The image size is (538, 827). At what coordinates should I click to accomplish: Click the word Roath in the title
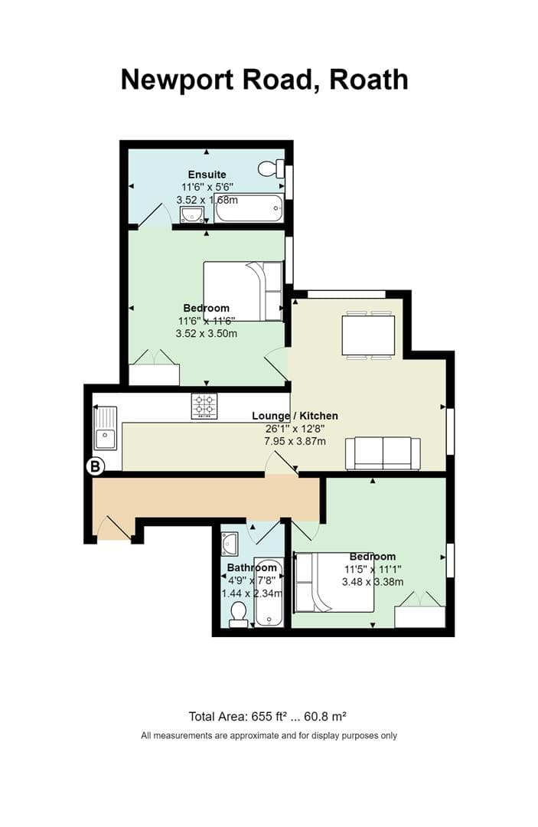click(368, 80)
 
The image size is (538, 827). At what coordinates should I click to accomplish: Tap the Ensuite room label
click(207, 175)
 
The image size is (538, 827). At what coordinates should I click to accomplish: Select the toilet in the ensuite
click(271, 168)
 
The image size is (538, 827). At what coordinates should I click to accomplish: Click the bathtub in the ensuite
click(249, 208)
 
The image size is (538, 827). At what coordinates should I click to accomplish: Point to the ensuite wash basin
click(192, 214)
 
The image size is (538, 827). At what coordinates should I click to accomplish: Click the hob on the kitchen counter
click(204, 406)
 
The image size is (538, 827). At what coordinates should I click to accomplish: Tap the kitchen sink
click(106, 428)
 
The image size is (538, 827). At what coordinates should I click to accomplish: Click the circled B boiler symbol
click(96, 466)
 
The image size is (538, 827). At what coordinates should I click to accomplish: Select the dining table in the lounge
click(368, 335)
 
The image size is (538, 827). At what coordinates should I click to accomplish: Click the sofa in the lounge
click(383, 453)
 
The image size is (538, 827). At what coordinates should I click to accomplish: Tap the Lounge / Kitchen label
click(295, 416)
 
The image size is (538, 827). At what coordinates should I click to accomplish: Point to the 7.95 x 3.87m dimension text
click(295, 441)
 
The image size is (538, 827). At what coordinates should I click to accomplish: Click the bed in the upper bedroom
click(243, 291)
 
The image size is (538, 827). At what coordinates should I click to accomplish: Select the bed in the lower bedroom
click(334, 582)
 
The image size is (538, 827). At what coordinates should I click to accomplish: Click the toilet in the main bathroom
click(239, 616)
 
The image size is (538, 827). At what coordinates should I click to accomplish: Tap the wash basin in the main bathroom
click(230, 544)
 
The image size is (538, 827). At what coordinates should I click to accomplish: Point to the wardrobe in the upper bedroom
click(154, 368)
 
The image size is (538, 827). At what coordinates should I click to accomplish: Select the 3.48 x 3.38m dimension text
click(373, 582)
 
